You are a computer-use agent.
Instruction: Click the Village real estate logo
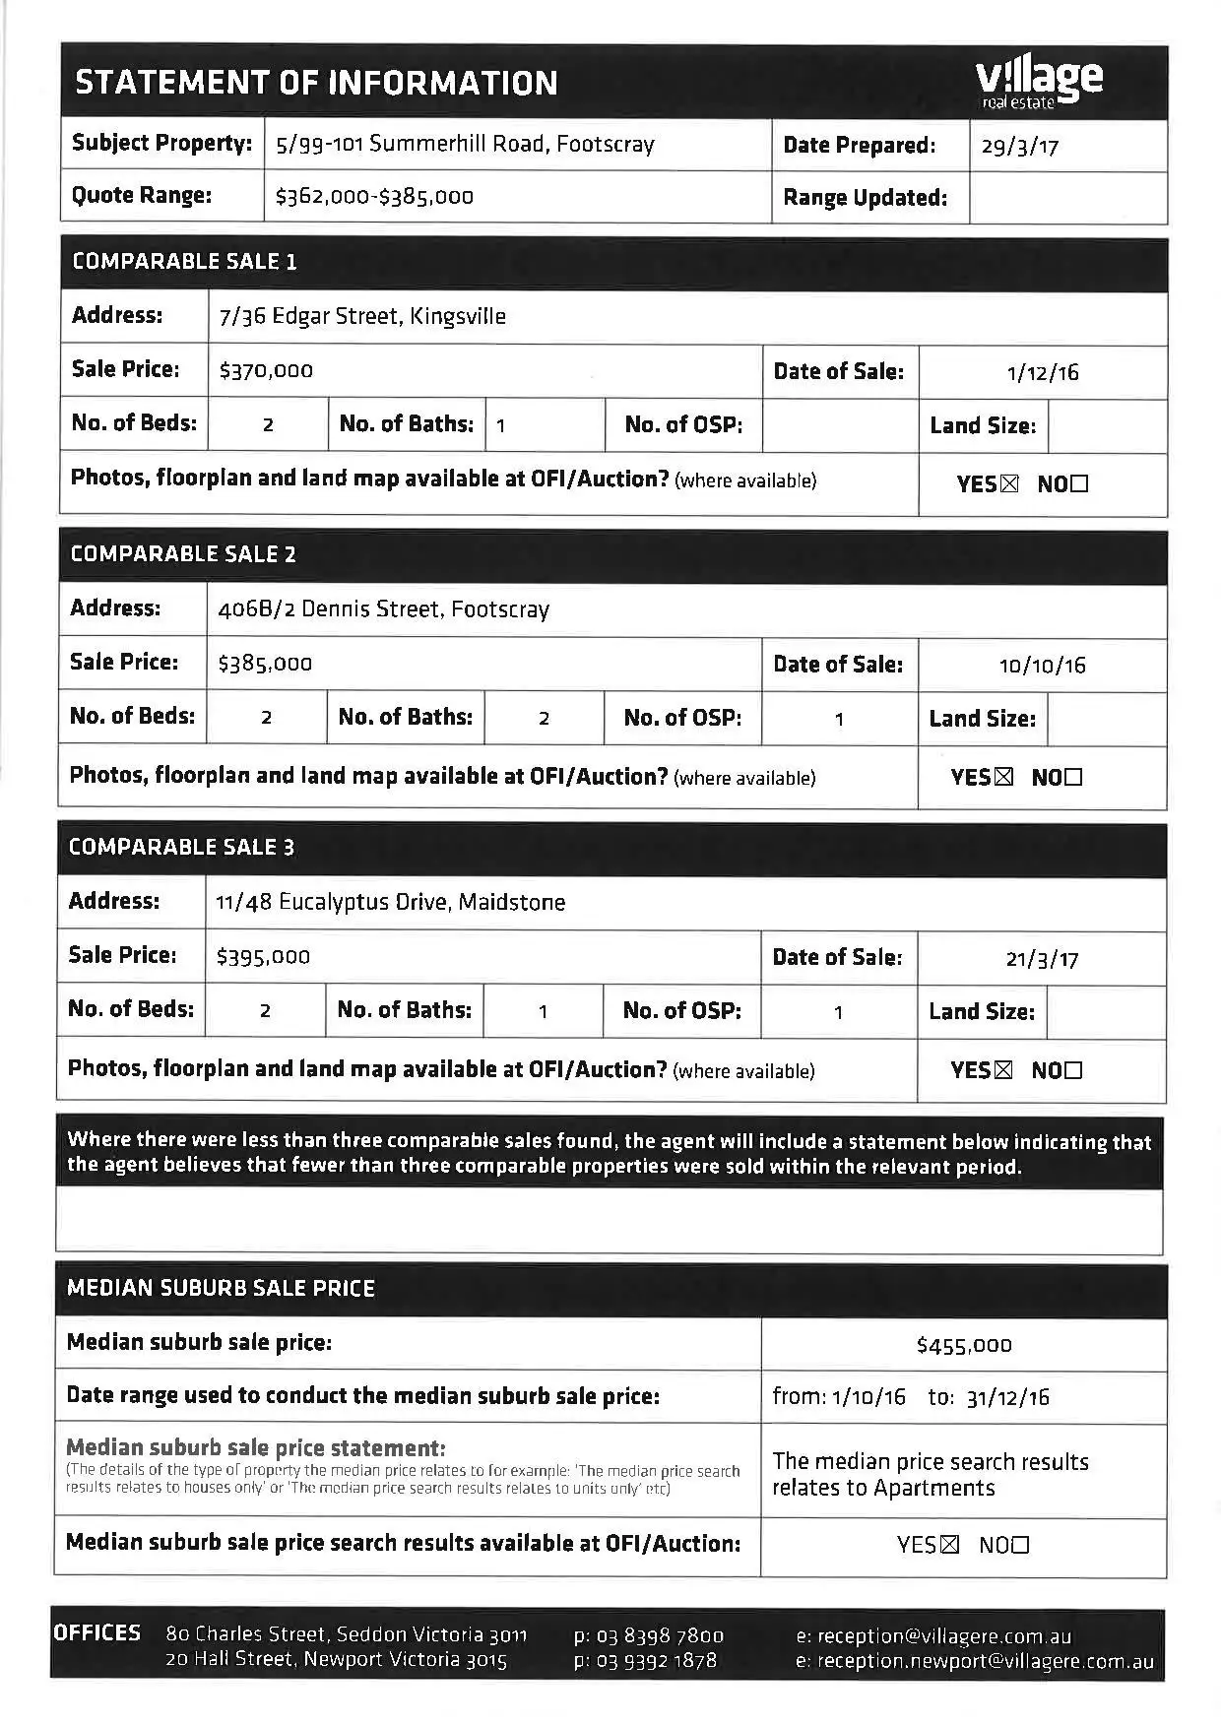tap(1038, 83)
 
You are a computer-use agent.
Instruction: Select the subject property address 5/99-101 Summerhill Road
tap(465, 145)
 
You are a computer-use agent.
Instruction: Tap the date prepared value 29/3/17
tap(1019, 148)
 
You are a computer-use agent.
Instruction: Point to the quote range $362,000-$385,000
tap(374, 197)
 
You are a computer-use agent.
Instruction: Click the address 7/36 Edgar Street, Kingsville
tap(362, 317)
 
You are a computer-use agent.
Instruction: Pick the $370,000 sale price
tap(266, 371)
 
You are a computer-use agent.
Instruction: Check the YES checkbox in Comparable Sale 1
tap(1009, 484)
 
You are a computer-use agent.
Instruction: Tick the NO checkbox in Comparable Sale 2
tap(1073, 778)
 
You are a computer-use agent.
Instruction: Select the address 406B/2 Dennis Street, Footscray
tap(383, 609)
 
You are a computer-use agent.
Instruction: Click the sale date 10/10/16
tap(1042, 666)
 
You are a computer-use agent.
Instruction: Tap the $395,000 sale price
tap(263, 957)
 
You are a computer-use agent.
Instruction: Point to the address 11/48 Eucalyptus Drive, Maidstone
tap(390, 903)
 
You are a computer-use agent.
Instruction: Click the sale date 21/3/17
tap(1042, 959)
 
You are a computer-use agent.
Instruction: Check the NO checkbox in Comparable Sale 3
tap(1072, 1070)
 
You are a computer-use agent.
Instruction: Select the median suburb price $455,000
tap(963, 1346)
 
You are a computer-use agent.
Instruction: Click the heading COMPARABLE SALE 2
tap(183, 554)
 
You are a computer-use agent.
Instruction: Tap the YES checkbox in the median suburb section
tap(949, 1546)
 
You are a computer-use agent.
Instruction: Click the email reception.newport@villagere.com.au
tap(985, 1662)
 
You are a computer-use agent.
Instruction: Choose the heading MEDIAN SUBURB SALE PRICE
tap(221, 1289)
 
